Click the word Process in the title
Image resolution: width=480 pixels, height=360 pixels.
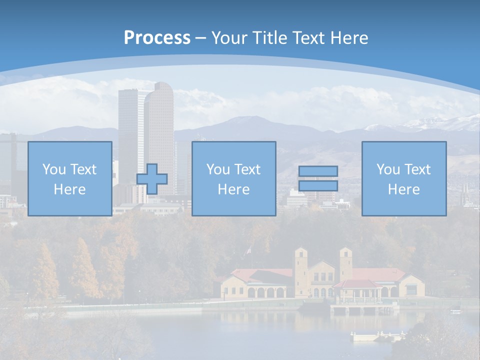click(157, 38)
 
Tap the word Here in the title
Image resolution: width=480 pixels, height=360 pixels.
click(348, 38)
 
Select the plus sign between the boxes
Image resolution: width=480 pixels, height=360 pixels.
click(152, 179)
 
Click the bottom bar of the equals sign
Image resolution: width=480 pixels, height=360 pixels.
click(318, 186)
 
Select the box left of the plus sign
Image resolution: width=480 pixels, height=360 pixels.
click(70, 179)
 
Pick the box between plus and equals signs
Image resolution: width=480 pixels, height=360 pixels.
click(234, 179)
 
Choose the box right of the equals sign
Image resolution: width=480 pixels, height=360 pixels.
click(404, 179)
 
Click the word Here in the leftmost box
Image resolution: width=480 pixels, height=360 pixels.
click(70, 189)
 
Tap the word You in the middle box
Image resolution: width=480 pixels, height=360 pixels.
click(218, 169)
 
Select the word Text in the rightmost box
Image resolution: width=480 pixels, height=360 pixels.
click(416, 169)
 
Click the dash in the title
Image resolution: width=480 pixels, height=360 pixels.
click(201, 38)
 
